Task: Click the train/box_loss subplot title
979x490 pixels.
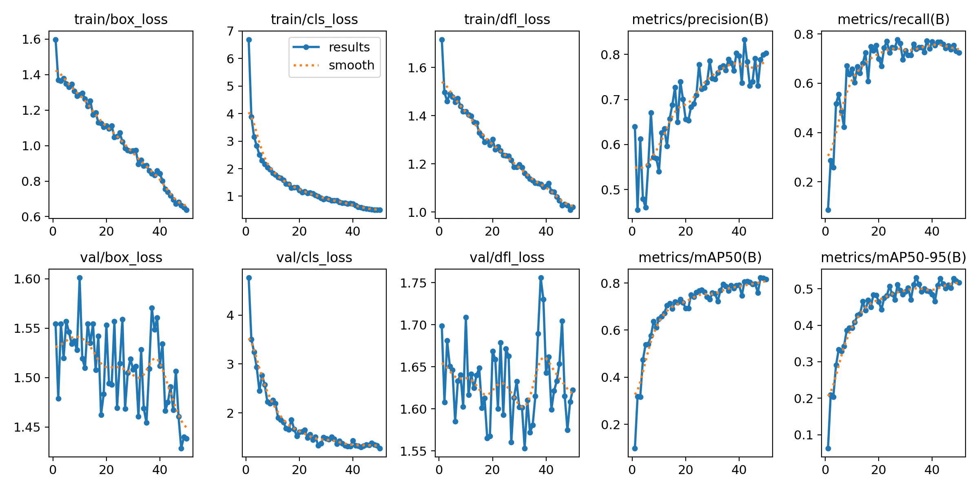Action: (x=121, y=19)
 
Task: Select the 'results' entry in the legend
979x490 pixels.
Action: (x=349, y=47)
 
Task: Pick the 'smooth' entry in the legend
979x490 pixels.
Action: (x=351, y=65)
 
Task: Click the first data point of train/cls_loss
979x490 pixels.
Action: (x=249, y=40)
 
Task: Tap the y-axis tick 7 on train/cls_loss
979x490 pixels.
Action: (x=230, y=31)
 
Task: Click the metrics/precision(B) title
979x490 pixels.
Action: (x=700, y=19)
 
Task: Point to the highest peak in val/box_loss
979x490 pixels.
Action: (x=80, y=278)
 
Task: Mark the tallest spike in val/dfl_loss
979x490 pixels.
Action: (x=541, y=278)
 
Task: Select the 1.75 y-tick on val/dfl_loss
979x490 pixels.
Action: (x=413, y=283)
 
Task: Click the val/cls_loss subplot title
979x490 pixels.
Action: (x=314, y=257)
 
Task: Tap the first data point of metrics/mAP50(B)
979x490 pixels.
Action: (x=635, y=448)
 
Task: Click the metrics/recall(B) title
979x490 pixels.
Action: (x=893, y=19)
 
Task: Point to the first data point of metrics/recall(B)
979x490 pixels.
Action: (x=828, y=210)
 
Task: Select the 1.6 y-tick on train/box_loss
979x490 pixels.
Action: (x=31, y=40)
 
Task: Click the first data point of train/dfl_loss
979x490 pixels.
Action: (x=442, y=40)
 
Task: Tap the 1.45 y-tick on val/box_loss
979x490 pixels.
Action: (x=27, y=427)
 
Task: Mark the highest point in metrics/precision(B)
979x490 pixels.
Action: (x=744, y=40)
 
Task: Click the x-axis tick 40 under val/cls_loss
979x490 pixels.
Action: (x=353, y=470)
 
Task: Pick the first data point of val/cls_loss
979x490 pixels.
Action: (x=249, y=278)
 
